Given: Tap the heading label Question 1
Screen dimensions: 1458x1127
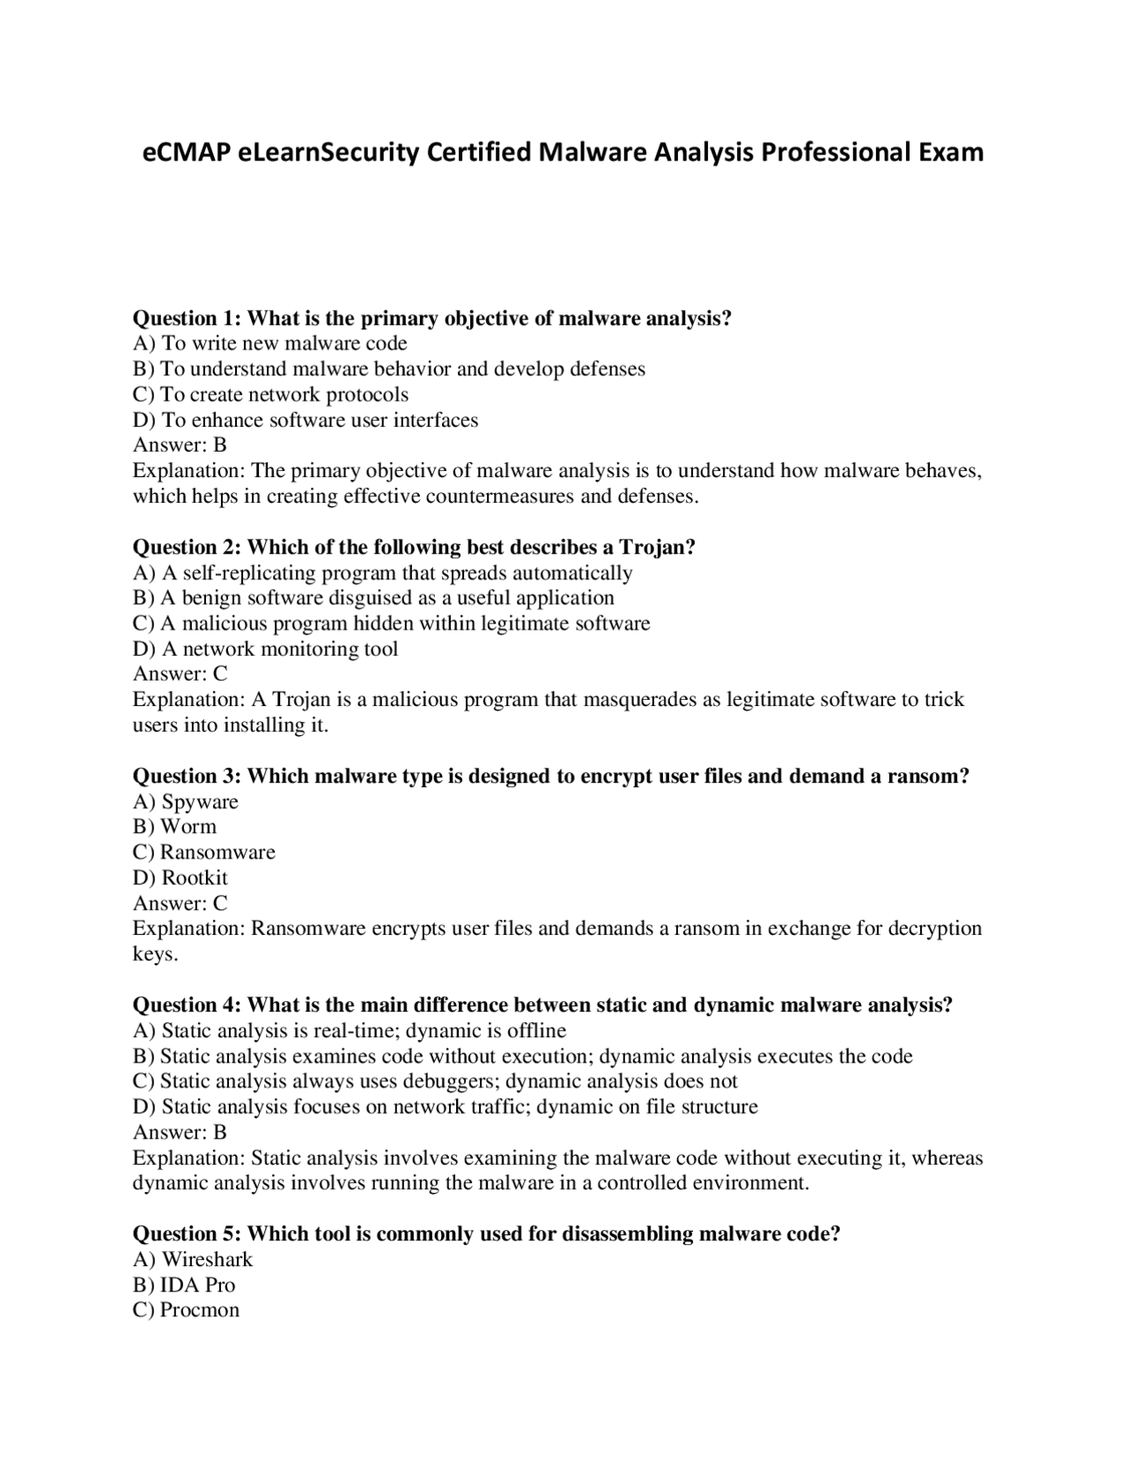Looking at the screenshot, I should click(x=184, y=318).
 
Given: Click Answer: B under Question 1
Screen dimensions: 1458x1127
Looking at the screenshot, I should click(x=180, y=445).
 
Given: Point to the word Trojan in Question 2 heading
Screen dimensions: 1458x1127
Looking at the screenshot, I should click(x=657, y=547).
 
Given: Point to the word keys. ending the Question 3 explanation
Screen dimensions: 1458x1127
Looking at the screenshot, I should click(x=155, y=954).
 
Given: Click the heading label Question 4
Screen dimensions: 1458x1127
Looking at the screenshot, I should click(x=184, y=1005).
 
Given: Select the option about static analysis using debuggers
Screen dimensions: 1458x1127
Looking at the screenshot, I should click(x=435, y=1081).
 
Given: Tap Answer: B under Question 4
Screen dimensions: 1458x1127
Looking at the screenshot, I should click(x=180, y=1132).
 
